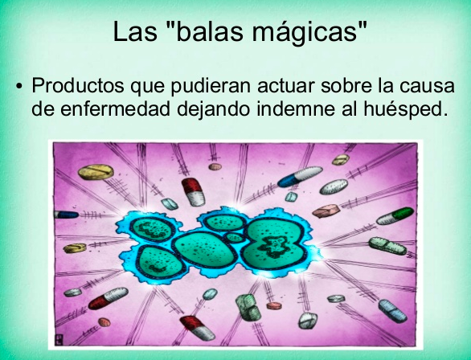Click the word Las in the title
pyautogui.click(x=135, y=31)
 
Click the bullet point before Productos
pyautogui.click(x=19, y=86)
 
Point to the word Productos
pyautogui.click(x=78, y=85)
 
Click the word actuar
pyautogui.click(x=286, y=85)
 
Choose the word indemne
pyautogui.click(x=296, y=108)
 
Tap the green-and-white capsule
pyautogui.click(x=395, y=216)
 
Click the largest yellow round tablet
pyautogui.click(x=96, y=172)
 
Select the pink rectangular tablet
pyautogui.click(x=326, y=211)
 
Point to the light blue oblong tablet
pyautogui.click(x=392, y=311)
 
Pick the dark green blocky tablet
pyautogui.click(x=248, y=307)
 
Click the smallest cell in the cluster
pyautogui.click(x=235, y=238)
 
